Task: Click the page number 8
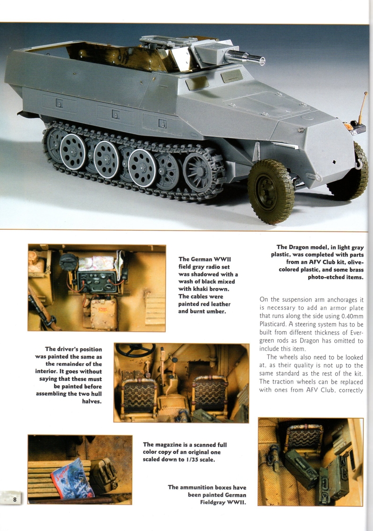[x=15, y=499]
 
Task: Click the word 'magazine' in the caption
[x=173, y=445]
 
